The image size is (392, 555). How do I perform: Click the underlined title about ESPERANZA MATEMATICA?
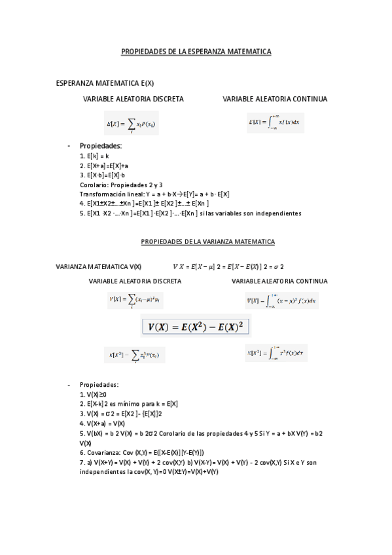196,52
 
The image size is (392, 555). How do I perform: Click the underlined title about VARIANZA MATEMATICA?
207,242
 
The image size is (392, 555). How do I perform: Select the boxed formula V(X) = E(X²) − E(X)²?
196,326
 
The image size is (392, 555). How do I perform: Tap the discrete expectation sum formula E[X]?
131,123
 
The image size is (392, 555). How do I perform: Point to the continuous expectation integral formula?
274,121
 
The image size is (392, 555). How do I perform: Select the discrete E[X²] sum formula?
134,355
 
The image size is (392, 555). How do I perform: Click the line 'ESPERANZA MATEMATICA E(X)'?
105,83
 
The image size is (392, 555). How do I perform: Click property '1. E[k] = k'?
94,156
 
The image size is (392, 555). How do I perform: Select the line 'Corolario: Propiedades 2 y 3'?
121,185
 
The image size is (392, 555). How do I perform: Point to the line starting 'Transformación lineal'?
154,194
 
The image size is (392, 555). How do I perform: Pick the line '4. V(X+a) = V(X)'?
102,423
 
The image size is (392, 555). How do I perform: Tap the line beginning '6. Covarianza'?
142,452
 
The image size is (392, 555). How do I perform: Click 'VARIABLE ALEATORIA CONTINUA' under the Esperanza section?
275,99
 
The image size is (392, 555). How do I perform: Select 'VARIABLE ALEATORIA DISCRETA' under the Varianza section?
135,281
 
